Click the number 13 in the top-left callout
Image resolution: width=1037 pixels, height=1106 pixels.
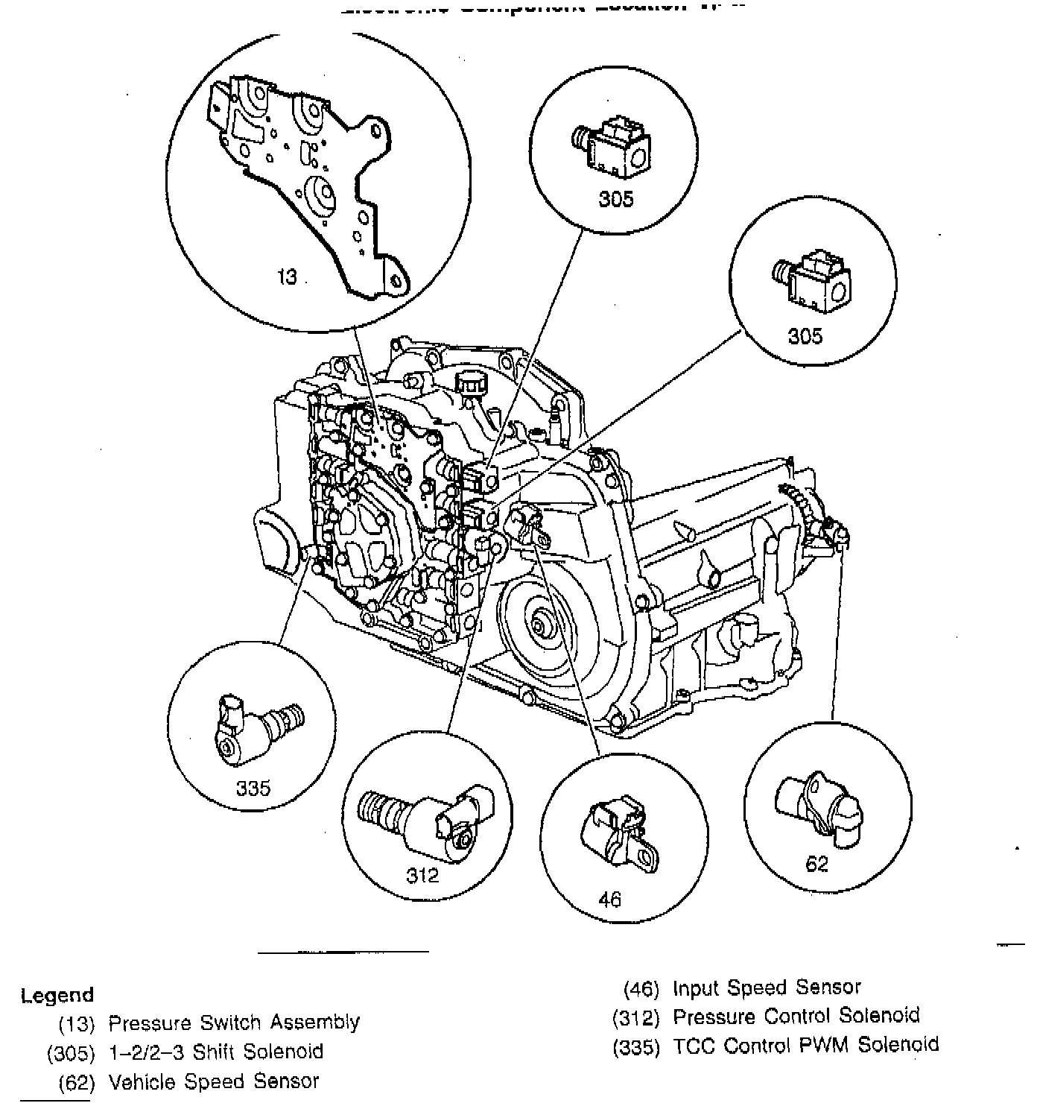click(x=287, y=277)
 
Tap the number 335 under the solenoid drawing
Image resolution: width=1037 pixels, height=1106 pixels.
click(x=253, y=788)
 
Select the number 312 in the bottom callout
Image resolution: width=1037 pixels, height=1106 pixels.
click(x=422, y=875)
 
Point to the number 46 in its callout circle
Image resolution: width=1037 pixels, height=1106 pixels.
click(x=609, y=900)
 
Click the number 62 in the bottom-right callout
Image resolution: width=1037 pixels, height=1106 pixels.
click(x=816, y=864)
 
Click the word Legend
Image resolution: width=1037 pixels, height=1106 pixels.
click(x=57, y=995)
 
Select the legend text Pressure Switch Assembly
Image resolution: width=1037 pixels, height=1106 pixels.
click(x=234, y=1023)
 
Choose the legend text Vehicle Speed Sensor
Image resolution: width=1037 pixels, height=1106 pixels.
click(x=214, y=1081)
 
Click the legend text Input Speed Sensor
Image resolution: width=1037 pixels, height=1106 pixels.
click(x=767, y=988)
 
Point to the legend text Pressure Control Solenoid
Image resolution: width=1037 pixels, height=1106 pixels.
click(x=796, y=1016)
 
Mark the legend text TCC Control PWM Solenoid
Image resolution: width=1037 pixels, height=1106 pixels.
click(x=806, y=1045)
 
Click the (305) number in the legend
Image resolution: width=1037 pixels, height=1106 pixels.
click(x=72, y=1052)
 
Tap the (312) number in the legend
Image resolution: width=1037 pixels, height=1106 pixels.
click(x=637, y=1017)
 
